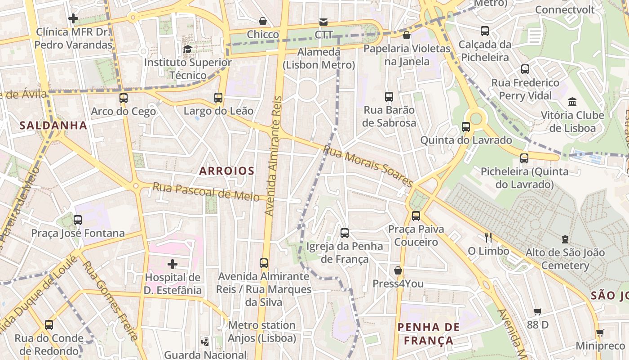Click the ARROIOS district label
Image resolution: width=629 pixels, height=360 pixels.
226,171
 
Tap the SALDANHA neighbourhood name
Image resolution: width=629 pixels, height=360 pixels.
53,126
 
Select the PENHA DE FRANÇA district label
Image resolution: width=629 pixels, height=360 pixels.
429,333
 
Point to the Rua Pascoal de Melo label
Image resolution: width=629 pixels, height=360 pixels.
206,191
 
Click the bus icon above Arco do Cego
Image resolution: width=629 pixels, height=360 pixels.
123,98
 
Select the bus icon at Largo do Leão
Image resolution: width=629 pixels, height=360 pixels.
218,97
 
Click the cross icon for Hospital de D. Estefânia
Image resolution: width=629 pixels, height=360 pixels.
172,264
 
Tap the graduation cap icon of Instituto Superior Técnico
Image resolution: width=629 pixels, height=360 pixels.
187,49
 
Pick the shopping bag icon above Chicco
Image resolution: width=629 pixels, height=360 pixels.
263,21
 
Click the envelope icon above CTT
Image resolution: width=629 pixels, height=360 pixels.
323,22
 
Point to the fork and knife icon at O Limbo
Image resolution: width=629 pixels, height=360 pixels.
488,237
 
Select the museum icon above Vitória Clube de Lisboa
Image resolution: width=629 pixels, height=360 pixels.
572,102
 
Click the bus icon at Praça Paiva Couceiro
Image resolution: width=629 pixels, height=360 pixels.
416,216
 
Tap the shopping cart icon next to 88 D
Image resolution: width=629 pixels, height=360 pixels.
537,311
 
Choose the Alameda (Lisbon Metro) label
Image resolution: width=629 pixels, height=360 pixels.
319,58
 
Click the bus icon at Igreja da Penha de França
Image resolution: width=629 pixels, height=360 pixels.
345,233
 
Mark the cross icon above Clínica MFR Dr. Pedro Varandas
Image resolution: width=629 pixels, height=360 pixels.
73,18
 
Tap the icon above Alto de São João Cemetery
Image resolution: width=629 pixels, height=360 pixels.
565,239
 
